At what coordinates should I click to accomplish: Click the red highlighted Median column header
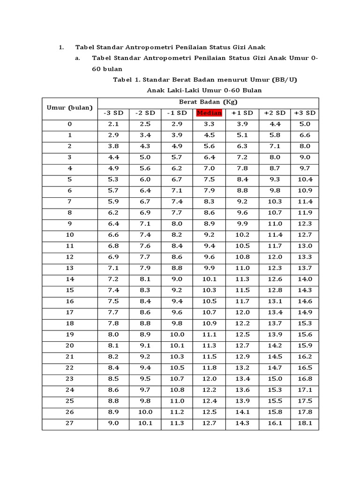click(x=209, y=113)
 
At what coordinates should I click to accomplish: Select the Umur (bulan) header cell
click(x=70, y=108)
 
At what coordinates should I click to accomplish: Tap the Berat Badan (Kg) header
click(x=208, y=102)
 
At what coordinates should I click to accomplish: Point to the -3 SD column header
click(x=113, y=113)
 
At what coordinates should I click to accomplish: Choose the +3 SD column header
click(x=304, y=113)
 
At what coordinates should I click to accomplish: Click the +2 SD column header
click(x=274, y=113)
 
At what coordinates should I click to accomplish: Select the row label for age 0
click(x=70, y=124)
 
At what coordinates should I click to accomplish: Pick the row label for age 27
click(x=70, y=423)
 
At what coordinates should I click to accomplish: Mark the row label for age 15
click(x=70, y=290)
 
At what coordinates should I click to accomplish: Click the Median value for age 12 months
click(x=209, y=257)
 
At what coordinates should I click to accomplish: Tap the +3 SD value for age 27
click(x=304, y=423)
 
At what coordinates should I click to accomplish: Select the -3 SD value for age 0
click(x=113, y=124)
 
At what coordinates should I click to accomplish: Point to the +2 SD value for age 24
click(x=274, y=390)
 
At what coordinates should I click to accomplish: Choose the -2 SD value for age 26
click(x=145, y=412)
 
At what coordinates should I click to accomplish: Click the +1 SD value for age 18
click(x=242, y=323)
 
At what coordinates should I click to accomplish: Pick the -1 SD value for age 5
click(x=177, y=180)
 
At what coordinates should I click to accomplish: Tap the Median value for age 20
click(x=209, y=345)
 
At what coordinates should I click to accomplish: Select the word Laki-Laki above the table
click(x=181, y=90)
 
